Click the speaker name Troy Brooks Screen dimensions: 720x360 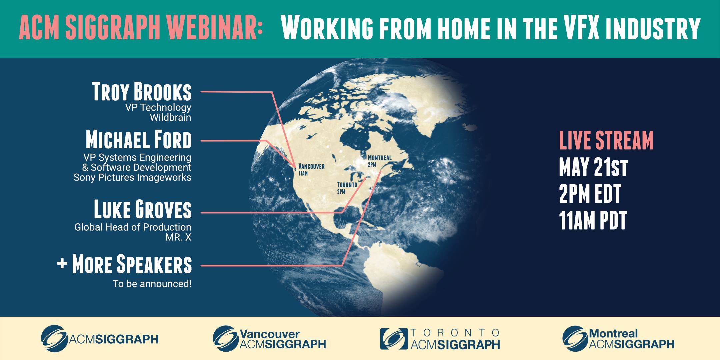pos(142,91)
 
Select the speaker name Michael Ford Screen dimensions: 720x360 pos(139,139)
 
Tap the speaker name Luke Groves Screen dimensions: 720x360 pos(143,209)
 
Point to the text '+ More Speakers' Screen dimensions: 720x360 pos(124,264)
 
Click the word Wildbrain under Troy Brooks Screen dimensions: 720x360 pos(170,117)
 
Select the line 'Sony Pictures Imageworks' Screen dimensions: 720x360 pos(132,178)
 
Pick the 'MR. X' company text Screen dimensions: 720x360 pos(178,237)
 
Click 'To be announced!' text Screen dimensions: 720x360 pos(152,284)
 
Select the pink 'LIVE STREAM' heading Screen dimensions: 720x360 pos(606,140)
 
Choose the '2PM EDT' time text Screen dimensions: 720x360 pos(590,194)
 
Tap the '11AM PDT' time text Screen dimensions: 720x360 pos(593,220)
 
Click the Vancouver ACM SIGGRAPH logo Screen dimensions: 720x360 pos(269,339)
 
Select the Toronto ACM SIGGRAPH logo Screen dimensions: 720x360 pos(440,339)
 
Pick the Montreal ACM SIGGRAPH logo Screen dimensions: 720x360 pos(618,339)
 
